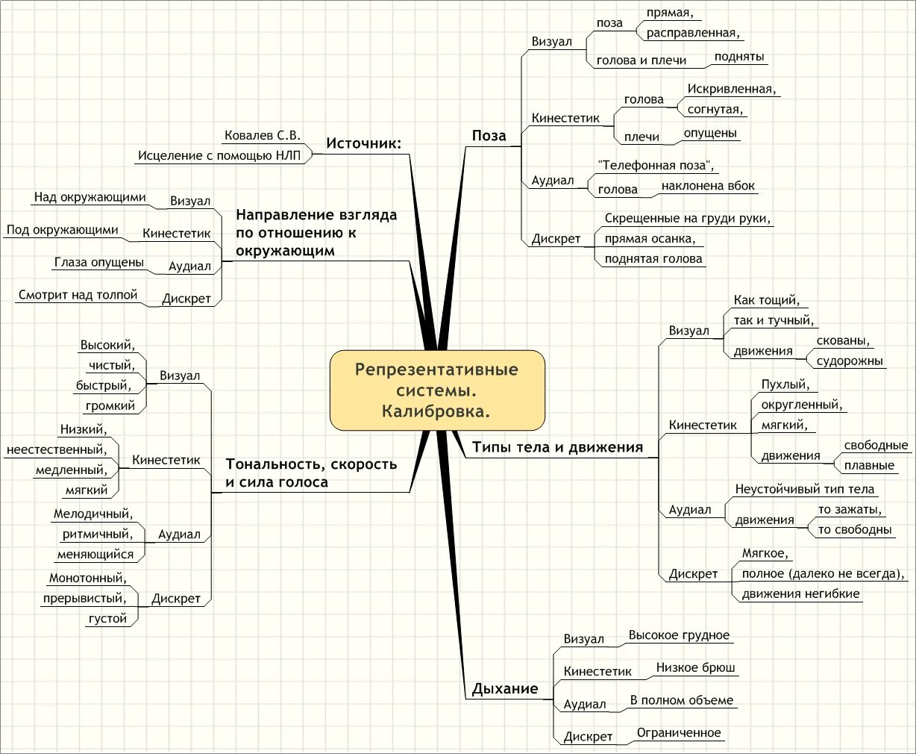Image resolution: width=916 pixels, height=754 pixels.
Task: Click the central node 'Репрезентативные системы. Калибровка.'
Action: pos(437,390)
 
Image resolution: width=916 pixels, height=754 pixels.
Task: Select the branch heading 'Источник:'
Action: pos(363,143)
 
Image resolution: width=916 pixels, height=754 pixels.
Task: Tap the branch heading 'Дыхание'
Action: pos(504,689)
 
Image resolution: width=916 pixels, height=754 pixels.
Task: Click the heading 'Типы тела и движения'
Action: pos(557,448)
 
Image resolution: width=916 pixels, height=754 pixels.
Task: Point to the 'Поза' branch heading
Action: pos(489,136)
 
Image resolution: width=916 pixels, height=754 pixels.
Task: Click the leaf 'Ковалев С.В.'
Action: pos(262,135)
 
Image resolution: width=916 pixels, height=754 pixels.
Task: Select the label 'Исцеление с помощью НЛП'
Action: pos(219,156)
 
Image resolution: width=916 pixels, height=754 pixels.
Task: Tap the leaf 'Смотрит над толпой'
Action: pos(78,295)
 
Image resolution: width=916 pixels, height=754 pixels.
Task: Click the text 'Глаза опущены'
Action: pos(98,263)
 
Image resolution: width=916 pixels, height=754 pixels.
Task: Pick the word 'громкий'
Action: pos(110,406)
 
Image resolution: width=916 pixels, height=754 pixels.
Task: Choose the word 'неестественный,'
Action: pos(57,449)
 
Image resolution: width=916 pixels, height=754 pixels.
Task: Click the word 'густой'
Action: pos(107,619)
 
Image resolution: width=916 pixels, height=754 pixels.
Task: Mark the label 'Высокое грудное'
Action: pos(679,635)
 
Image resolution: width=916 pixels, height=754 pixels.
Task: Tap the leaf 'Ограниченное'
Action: pos(679,733)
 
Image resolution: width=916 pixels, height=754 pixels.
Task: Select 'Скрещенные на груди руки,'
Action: pos(688,219)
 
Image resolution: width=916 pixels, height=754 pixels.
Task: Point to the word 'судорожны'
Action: pos(850,361)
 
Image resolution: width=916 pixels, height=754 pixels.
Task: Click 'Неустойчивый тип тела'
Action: pos(804,490)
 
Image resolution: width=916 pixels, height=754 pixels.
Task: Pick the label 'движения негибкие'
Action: pos(800,594)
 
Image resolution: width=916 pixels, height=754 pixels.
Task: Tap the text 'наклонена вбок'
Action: pos(708,186)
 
